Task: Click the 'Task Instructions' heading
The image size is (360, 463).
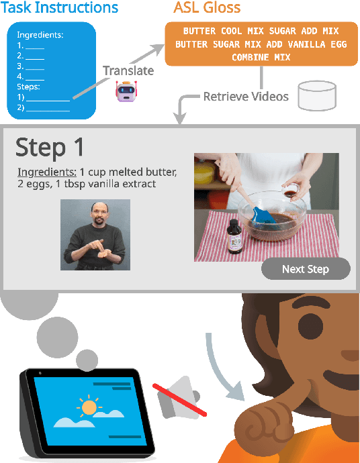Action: click(x=60, y=9)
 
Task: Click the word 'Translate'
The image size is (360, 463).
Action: click(x=128, y=70)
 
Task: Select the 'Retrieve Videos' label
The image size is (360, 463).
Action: click(x=246, y=97)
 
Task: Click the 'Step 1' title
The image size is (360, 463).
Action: click(x=50, y=146)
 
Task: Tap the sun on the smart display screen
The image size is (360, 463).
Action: click(x=89, y=408)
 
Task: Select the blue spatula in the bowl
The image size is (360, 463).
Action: click(x=261, y=215)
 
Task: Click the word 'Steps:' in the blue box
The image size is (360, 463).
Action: click(x=30, y=87)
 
